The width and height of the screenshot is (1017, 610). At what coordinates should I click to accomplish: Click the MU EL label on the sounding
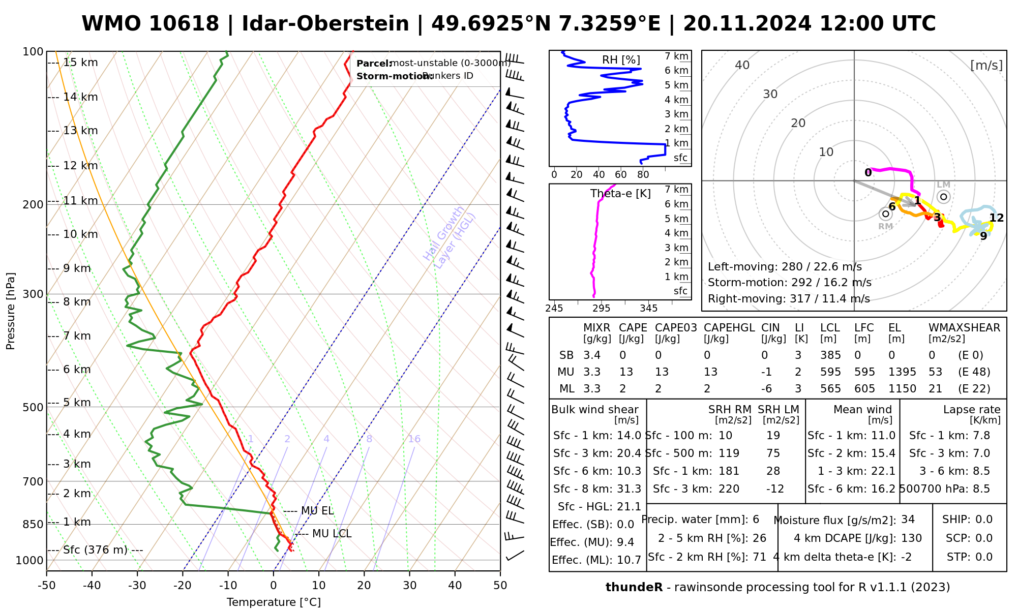tap(317, 511)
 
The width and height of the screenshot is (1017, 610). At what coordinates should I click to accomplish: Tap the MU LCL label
tap(332, 534)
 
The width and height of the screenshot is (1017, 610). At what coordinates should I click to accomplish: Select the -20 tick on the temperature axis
tap(183, 586)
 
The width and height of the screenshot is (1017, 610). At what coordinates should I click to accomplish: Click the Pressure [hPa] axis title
tap(11, 311)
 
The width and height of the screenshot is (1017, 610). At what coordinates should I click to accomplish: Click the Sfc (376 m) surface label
tap(96, 550)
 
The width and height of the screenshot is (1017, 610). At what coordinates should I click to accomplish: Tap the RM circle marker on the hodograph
tap(885, 214)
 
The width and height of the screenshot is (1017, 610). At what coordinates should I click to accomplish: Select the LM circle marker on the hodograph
tap(944, 197)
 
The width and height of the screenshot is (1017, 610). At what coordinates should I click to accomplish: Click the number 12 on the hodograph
tap(997, 218)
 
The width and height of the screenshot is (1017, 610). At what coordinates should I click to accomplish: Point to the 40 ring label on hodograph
tap(742, 65)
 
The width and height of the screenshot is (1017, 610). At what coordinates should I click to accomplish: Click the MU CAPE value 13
tap(626, 372)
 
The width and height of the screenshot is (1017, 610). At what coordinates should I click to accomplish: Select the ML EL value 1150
tap(902, 389)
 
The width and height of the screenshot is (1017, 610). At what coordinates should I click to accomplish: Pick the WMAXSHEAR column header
tap(964, 328)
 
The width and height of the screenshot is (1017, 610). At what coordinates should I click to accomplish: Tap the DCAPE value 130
tap(912, 538)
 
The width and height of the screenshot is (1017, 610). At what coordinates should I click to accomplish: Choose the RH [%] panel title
tap(621, 60)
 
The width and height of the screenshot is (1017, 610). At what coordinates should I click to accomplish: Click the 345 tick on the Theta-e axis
tap(648, 309)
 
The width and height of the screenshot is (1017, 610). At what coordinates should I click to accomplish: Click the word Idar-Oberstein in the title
tap(325, 24)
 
